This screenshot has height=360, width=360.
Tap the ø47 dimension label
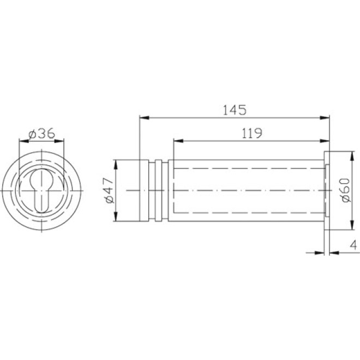tap(109, 191)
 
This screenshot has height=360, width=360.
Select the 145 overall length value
tap(235, 109)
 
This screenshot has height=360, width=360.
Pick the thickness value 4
tap(353, 245)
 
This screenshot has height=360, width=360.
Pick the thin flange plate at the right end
tap(328, 190)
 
